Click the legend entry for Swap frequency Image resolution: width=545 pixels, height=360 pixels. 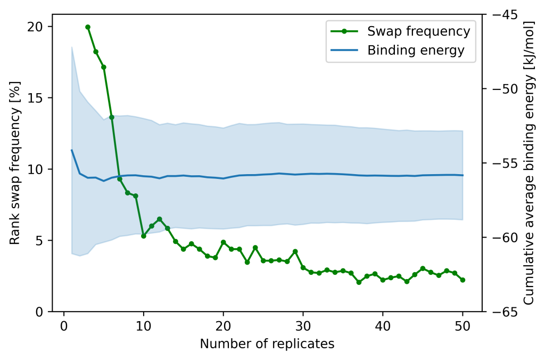point(418,31)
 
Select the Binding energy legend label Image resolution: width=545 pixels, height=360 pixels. point(416,51)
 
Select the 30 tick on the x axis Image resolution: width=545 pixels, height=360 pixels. point(303,326)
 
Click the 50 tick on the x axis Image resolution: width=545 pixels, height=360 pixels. point(463,326)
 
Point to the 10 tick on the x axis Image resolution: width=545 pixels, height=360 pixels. point(143,326)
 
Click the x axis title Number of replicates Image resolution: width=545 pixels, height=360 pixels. point(267,344)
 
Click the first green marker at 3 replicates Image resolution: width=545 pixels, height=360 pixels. point(88,27)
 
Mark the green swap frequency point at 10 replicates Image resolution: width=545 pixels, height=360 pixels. point(144,236)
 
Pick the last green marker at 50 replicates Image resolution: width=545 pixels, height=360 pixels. point(463,280)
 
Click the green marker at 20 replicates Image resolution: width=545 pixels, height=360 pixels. point(224,242)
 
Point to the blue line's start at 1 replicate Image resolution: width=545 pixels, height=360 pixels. point(72,150)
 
